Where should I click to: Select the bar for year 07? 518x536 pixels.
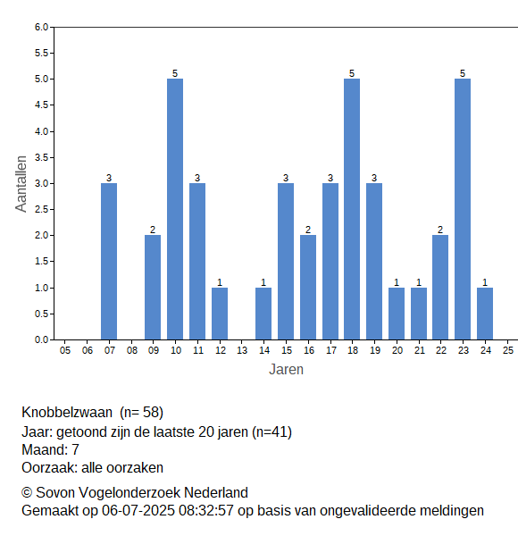click(x=109, y=262)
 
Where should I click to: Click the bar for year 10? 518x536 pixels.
click(x=175, y=209)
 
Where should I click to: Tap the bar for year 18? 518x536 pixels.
click(x=352, y=209)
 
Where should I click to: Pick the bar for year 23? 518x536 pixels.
click(x=463, y=209)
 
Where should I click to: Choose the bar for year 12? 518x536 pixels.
click(x=220, y=314)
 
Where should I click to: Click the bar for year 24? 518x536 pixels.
click(x=485, y=314)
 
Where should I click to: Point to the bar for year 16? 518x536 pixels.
click(x=308, y=288)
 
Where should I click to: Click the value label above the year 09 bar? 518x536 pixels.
click(x=153, y=230)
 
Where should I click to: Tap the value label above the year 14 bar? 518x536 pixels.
click(x=263, y=282)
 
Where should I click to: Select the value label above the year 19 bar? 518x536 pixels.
click(x=374, y=178)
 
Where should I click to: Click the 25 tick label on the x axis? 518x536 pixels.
click(x=508, y=350)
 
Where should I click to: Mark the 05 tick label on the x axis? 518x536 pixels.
click(x=65, y=350)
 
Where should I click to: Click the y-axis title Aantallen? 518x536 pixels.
click(x=21, y=184)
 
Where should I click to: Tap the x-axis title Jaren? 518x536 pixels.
click(x=286, y=370)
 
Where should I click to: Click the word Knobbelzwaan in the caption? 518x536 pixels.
click(x=67, y=412)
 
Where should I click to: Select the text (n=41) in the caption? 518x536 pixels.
click(x=272, y=432)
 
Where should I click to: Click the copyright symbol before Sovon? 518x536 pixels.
click(x=27, y=492)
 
